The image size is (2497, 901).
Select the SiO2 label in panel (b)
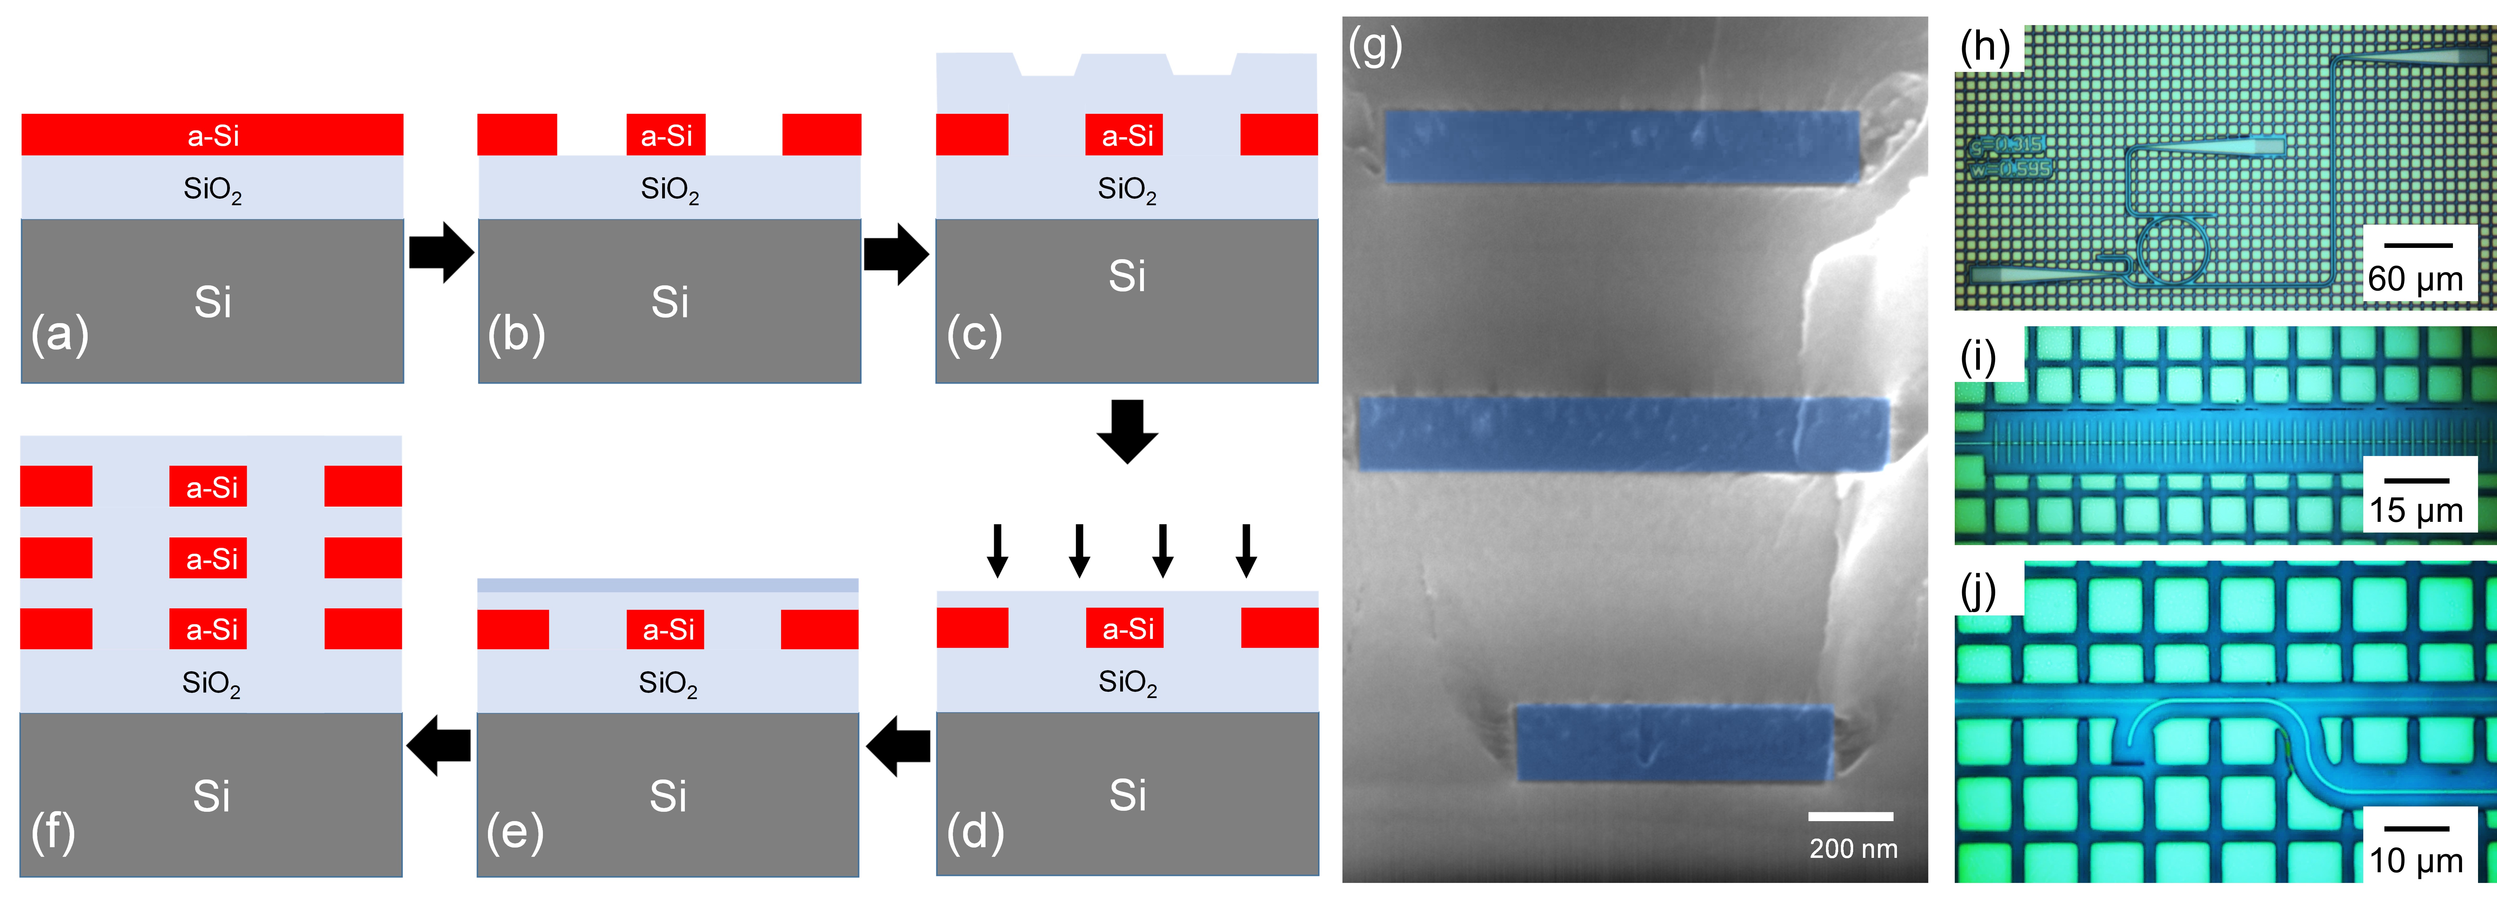669,189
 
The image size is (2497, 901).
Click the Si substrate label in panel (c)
1126,276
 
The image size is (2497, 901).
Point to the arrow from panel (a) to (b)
441,252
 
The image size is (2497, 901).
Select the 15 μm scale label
2416,510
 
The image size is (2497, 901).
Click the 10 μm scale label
2416,860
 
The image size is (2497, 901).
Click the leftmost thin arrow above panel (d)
996,550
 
